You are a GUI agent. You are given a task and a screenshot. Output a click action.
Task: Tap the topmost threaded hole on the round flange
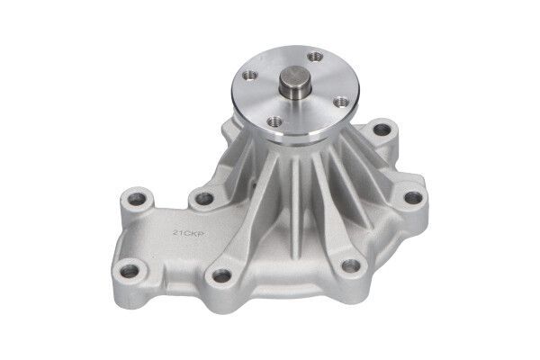(315, 57)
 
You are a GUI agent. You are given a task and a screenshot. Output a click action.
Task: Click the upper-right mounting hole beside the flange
(382, 130)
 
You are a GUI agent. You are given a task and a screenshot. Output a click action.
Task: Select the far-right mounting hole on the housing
(412, 197)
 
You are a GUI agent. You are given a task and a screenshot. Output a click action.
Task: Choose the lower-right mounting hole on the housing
(352, 265)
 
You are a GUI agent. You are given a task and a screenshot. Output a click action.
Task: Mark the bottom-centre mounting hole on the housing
(219, 276)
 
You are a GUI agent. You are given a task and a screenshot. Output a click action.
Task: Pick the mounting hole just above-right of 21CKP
(204, 198)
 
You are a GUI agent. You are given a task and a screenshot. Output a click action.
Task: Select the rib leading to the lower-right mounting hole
(333, 216)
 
